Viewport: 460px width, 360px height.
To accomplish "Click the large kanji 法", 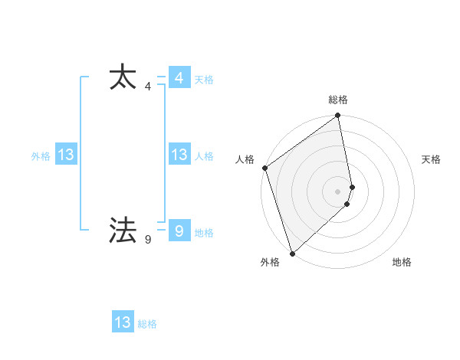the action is pos(123,230).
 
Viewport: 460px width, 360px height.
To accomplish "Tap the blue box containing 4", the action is pos(179,78).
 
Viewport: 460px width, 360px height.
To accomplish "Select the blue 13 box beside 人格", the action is pos(179,155).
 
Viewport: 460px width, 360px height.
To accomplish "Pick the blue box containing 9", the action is pos(179,231).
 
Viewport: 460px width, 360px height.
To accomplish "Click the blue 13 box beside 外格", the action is pos(65,155).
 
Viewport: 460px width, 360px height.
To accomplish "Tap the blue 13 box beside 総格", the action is pos(123,322).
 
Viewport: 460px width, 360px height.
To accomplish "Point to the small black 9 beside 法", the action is pos(147,240).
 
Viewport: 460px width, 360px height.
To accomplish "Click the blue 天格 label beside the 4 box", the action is pos(204,80).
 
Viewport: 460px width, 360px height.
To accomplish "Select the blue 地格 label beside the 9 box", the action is pos(204,233).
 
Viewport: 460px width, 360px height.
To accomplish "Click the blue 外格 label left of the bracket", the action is pos(41,156).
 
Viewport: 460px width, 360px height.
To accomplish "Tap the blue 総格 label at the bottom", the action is pos(147,325).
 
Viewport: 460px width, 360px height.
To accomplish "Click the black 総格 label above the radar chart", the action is pos(338,100).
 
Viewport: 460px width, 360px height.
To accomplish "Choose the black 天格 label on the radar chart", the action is pos(432,159).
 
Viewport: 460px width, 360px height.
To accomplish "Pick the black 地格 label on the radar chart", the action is pos(402,263).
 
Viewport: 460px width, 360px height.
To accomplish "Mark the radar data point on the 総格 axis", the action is pos(338,116).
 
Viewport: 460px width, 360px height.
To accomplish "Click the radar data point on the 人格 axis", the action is pos(264,168).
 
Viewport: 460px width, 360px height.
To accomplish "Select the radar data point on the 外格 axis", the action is pos(291,253).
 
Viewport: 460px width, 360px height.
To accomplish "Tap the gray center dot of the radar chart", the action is pos(338,191).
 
